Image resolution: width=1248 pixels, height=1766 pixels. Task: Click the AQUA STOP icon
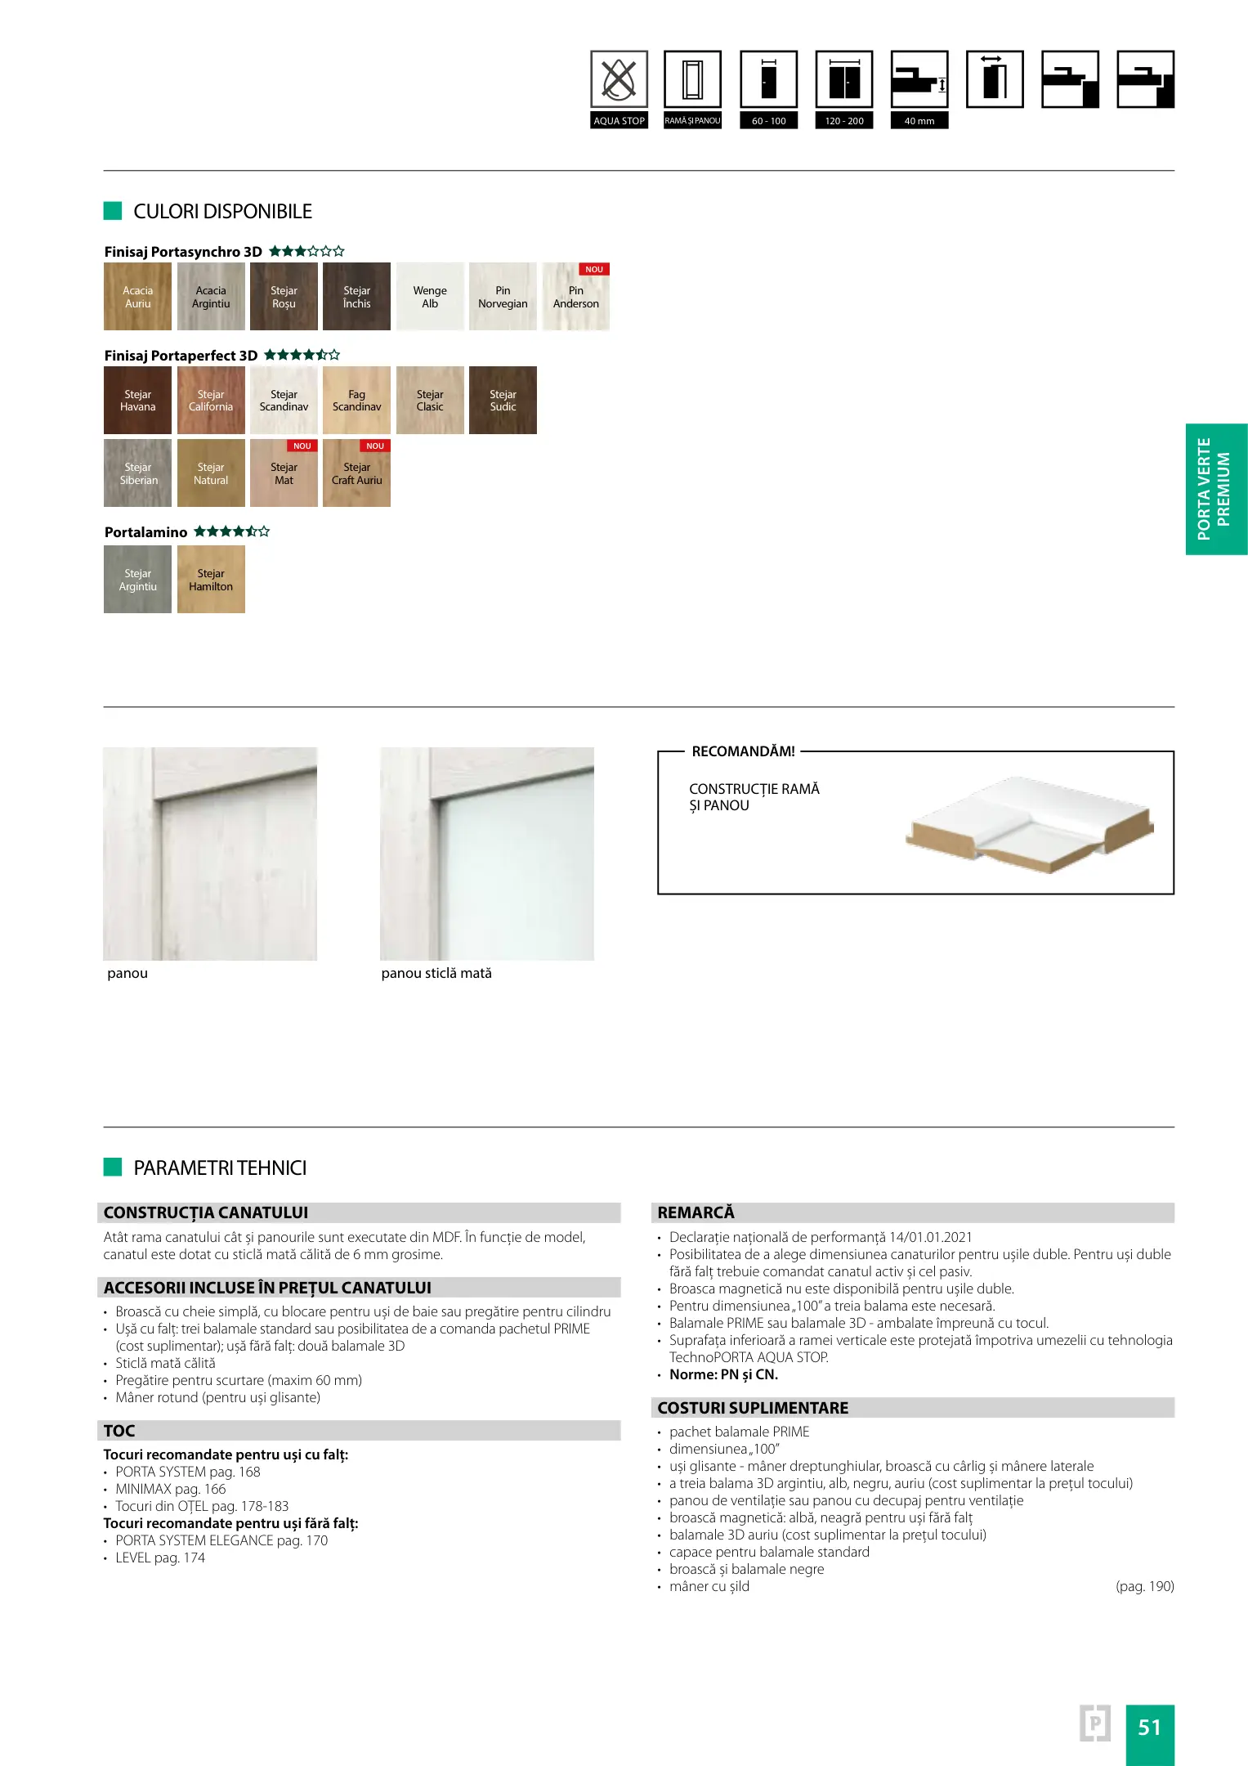point(619,79)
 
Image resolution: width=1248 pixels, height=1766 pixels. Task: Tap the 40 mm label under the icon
point(919,121)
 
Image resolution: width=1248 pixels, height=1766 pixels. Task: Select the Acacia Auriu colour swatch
point(137,297)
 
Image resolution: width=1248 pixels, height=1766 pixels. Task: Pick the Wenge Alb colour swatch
point(430,297)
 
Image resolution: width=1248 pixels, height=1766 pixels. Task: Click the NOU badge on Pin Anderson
point(594,269)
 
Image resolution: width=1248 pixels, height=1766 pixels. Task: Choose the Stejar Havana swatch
point(137,401)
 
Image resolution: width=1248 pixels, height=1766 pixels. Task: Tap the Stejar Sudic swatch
point(503,401)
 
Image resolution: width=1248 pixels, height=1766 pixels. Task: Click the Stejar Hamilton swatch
point(211,580)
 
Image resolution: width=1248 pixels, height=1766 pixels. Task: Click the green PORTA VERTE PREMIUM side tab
point(1215,489)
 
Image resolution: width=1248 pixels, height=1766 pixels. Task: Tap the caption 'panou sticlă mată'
point(436,973)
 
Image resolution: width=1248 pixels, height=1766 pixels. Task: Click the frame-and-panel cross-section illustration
point(1029,825)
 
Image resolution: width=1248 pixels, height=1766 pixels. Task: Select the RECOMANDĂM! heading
point(743,751)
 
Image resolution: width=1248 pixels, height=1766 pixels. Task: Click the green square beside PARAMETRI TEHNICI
point(113,1167)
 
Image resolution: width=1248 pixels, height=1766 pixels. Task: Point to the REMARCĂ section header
point(696,1212)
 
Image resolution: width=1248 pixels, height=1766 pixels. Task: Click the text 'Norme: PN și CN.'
point(723,1374)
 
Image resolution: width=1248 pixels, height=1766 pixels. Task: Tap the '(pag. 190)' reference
point(1144,1586)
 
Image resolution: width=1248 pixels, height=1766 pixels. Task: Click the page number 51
point(1149,1727)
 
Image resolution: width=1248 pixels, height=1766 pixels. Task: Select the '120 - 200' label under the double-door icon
point(844,121)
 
